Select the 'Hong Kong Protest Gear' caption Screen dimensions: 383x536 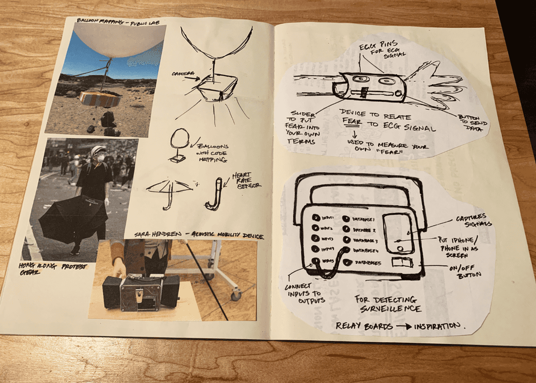point(52,270)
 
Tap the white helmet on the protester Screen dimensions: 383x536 point(98,150)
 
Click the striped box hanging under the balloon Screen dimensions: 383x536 point(100,99)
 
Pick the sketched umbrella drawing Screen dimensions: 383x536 point(169,191)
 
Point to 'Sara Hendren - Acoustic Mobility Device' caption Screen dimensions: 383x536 point(199,235)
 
